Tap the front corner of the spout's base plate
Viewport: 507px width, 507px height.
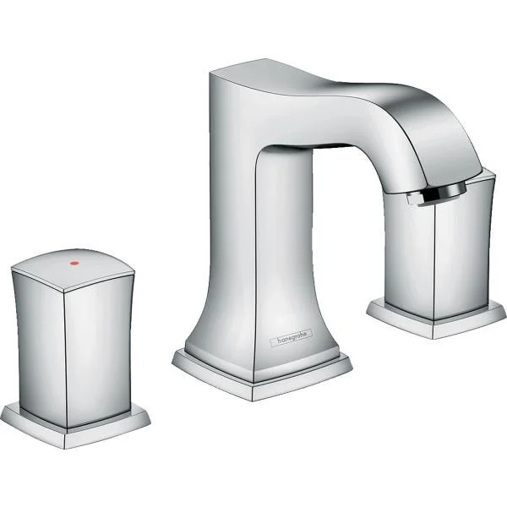(x=254, y=395)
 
